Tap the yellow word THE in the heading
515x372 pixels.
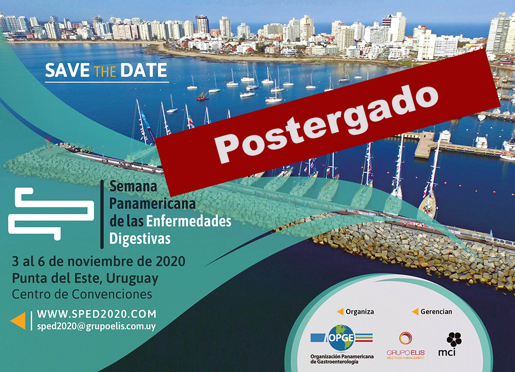pos(105,72)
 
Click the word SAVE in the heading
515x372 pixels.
pos(67,70)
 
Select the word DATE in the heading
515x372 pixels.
pos(144,70)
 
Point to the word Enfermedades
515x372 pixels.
pos(188,221)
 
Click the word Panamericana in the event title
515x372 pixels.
pos(152,204)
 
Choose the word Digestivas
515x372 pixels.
pos(140,239)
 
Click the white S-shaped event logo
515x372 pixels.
pos(51,214)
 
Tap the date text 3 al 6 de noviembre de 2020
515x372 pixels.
pos(98,261)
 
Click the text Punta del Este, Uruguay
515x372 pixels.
pos(85,278)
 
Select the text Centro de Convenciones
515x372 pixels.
pos(82,294)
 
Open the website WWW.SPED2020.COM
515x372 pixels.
pos(97,314)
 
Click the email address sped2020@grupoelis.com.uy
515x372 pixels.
pos(96,326)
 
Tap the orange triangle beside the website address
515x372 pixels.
pos(18,321)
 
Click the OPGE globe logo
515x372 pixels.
pos(341,338)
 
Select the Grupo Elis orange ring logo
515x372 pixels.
pos(406,338)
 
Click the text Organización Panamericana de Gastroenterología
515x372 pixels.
pos(342,359)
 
